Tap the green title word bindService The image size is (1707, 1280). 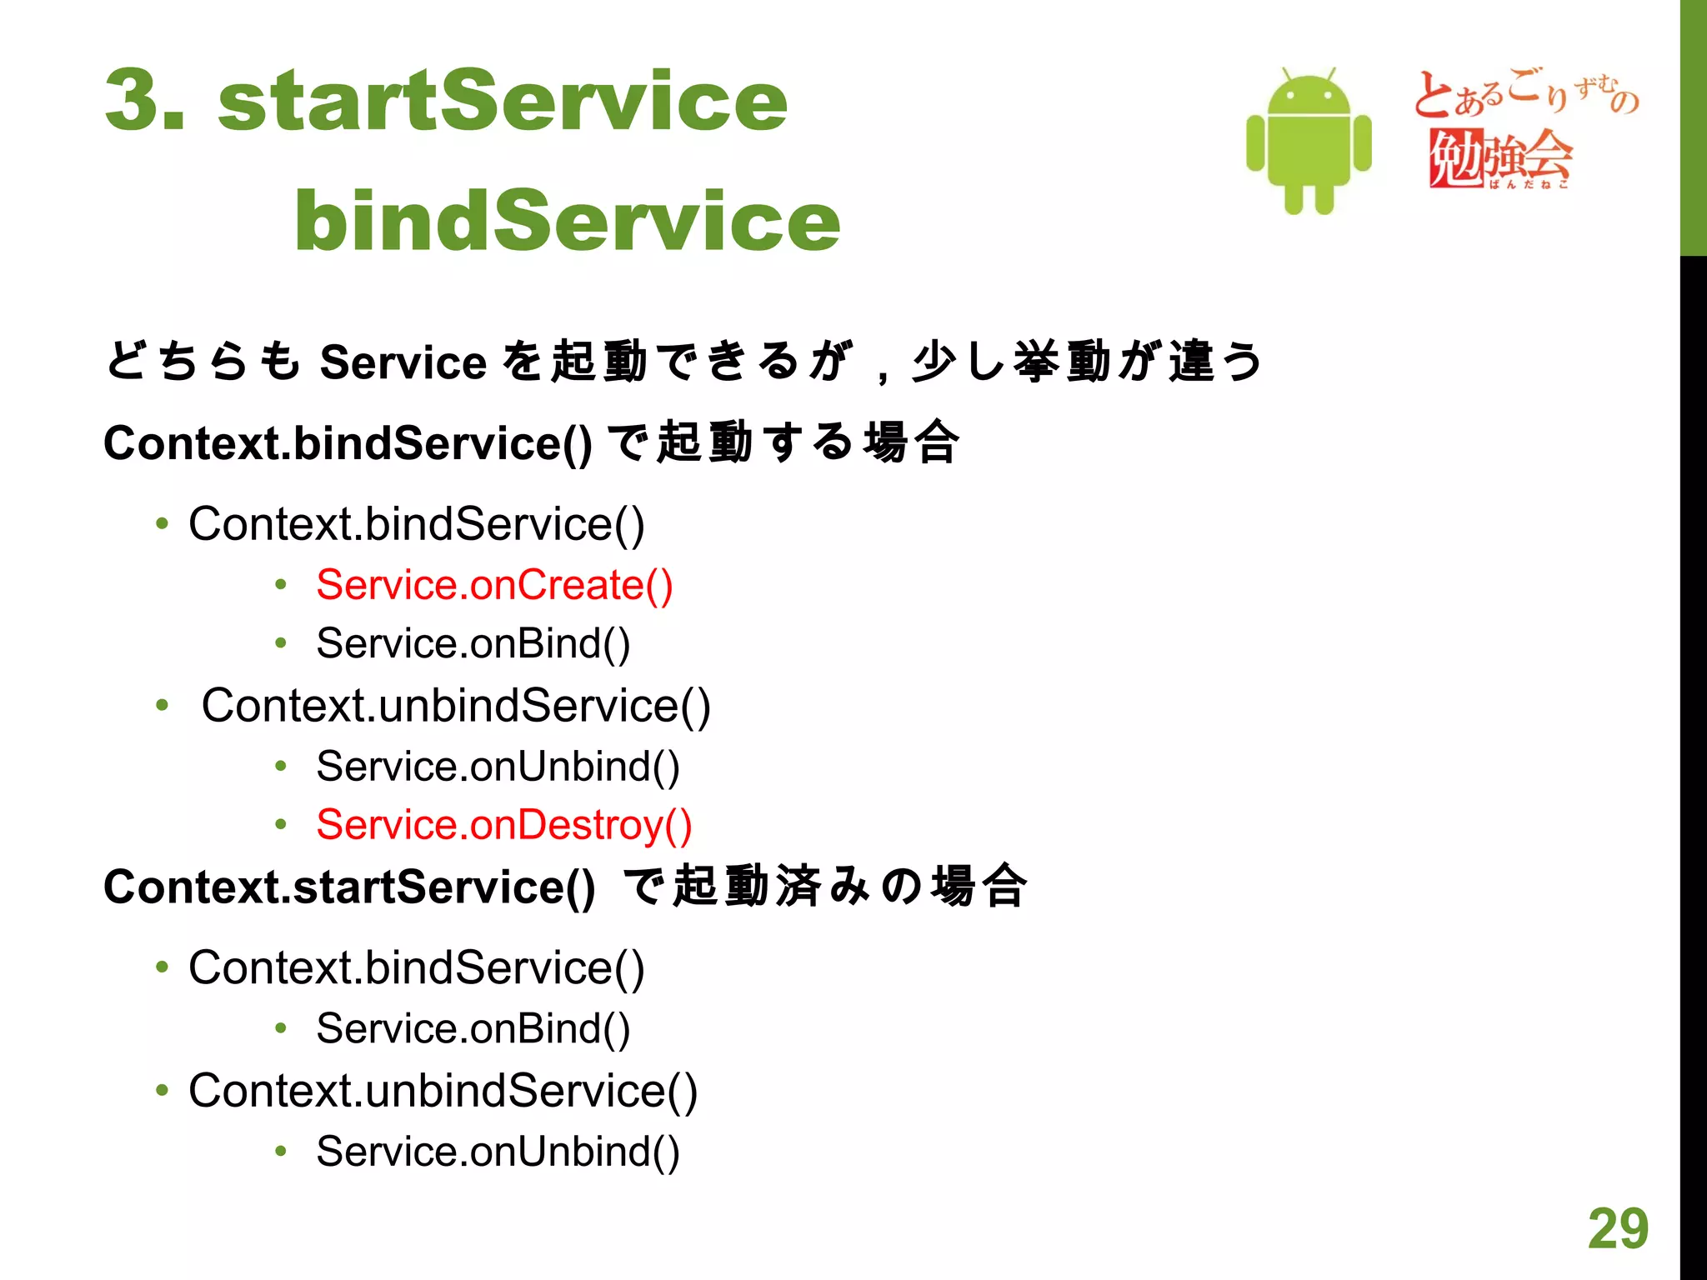pos(567,220)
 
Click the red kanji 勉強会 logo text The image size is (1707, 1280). pos(1500,157)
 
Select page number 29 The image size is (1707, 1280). pos(1618,1228)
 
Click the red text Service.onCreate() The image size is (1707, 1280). pos(494,584)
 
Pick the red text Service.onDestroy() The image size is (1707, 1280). pos(504,824)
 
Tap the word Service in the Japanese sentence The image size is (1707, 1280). pos(403,362)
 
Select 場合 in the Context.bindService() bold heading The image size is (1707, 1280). pos(912,442)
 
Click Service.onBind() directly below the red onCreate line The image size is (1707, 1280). pos(473,643)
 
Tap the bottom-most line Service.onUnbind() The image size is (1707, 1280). pos(498,1151)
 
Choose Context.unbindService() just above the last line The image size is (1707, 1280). pos(443,1090)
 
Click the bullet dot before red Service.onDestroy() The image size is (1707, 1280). pos(281,825)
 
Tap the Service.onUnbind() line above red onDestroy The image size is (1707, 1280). pos(498,766)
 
